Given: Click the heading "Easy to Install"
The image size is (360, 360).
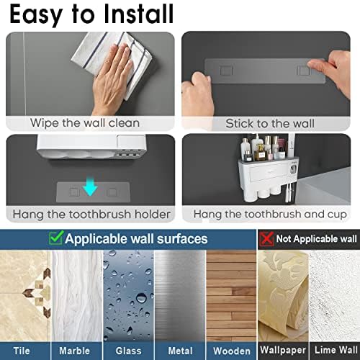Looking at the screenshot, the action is (91, 15).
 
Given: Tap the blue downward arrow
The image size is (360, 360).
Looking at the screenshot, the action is (91, 186).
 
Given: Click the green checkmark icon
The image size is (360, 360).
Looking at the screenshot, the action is (56, 238).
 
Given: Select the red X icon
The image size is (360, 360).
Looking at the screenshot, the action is (266, 239).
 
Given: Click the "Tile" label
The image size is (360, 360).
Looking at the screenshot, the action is (22, 351).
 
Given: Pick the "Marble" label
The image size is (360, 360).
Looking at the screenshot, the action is (75, 351).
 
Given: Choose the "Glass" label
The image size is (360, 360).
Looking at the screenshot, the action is (128, 351).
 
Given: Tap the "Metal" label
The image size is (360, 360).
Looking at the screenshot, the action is (181, 351).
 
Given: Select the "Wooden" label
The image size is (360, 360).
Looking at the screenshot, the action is (232, 351).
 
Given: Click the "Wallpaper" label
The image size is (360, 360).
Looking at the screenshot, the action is (283, 350).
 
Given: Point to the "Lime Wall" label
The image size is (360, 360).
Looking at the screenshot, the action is (336, 350).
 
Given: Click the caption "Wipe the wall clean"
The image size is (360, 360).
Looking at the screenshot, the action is (85, 123).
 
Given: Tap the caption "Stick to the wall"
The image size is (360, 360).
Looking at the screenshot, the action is (270, 124).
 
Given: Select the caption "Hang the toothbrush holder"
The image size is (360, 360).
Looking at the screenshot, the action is (91, 215).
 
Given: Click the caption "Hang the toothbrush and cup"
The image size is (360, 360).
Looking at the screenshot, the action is (270, 215).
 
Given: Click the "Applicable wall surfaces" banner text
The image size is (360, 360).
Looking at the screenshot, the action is (136, 239).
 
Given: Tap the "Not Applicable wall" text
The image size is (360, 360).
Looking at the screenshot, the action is (317, 239).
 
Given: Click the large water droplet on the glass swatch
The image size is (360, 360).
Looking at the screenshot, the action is (141, 298).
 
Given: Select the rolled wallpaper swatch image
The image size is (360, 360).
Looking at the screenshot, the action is (283, 297).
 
